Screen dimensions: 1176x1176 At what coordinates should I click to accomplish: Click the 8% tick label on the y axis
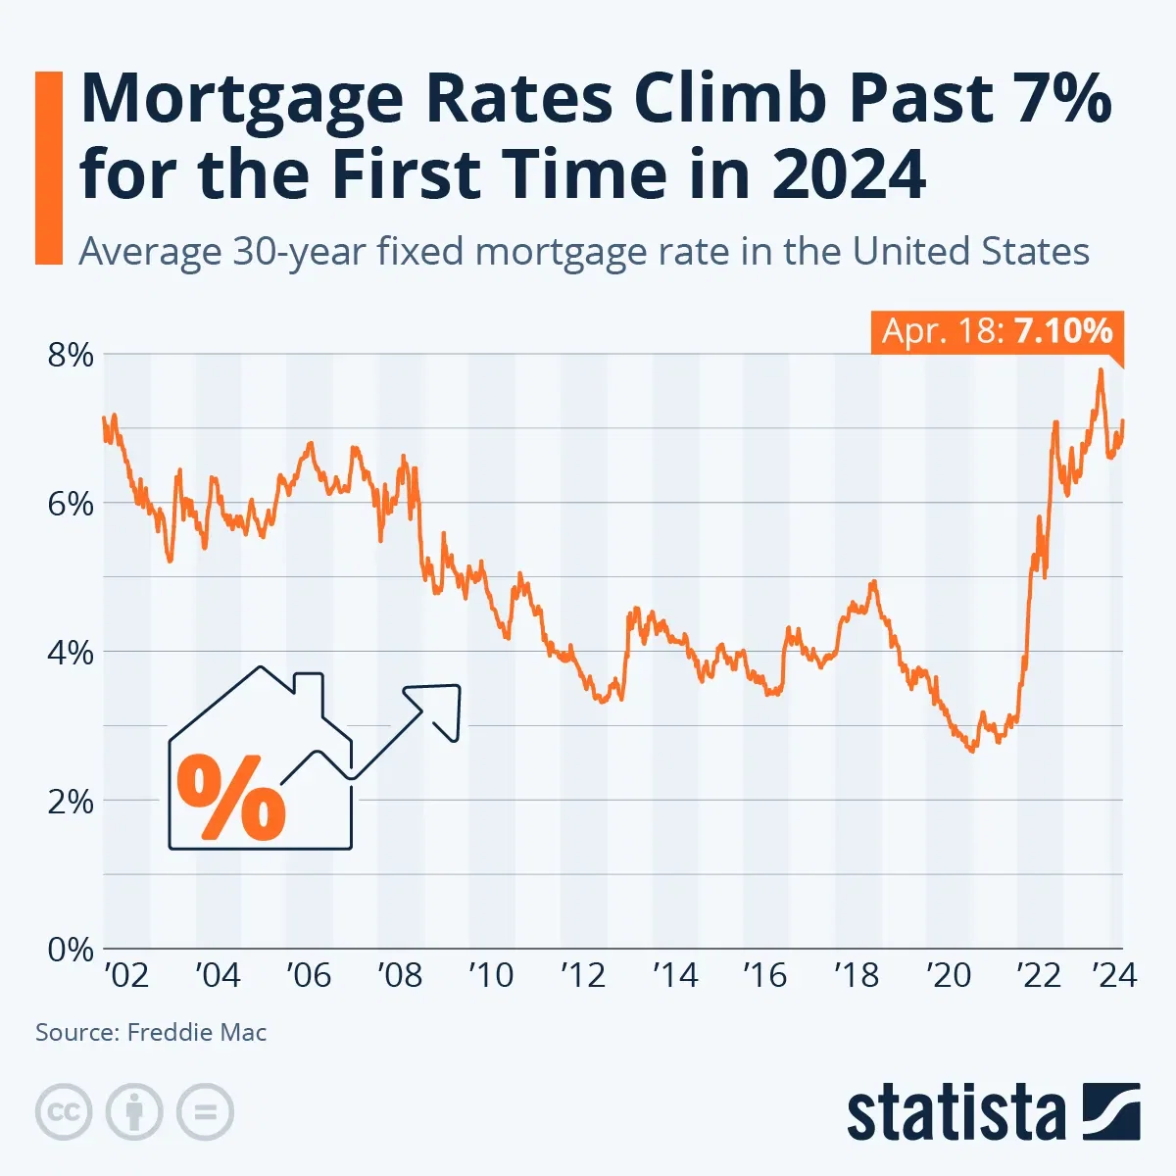[71, 355]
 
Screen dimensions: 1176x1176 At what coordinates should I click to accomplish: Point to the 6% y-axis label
[71, 504]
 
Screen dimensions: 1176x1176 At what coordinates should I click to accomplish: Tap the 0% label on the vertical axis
[71, 949]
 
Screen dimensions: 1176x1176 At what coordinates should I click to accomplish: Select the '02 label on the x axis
[126, 975]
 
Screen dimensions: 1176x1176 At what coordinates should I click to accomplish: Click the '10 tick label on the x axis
[491, 975]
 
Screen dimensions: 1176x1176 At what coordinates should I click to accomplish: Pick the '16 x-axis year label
[764, 975]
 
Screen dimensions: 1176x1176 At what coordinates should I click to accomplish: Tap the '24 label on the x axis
[1114, 975]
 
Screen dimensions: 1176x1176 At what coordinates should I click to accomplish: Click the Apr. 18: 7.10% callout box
[997, 331]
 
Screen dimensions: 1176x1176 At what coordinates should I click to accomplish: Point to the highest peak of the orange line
[1101, 370]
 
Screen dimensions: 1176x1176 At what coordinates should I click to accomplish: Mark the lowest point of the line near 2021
[971, 751]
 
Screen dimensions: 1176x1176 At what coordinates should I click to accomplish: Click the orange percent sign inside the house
[231, 797]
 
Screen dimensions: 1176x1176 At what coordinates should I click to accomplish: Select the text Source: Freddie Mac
[151, 1032]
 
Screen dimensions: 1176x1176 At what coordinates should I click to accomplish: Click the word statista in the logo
[955, 1114]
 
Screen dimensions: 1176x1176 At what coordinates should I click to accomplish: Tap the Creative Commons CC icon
[64, 1112]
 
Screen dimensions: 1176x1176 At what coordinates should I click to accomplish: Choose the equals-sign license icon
[205, 1112]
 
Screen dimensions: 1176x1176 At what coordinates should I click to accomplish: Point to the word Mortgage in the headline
[241, 98]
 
